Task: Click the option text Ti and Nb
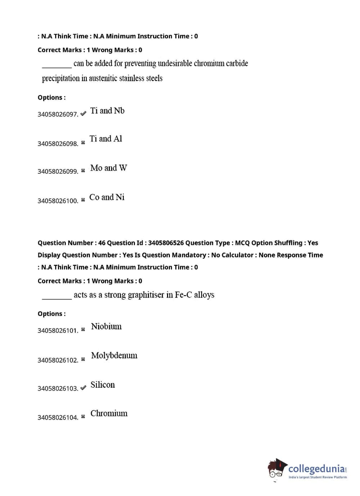107,111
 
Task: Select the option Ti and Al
106,139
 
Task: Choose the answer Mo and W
108,168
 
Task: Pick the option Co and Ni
107,197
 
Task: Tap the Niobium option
106,326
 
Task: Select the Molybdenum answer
114,356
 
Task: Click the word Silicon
103,385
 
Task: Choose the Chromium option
109,414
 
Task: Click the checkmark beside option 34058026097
83,113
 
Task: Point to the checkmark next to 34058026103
83,388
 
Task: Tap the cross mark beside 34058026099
83,171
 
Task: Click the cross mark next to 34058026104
83,416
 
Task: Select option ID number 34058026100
58,201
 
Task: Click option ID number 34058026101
58,330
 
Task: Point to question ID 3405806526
166,243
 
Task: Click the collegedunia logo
308,470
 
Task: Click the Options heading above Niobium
51,314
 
